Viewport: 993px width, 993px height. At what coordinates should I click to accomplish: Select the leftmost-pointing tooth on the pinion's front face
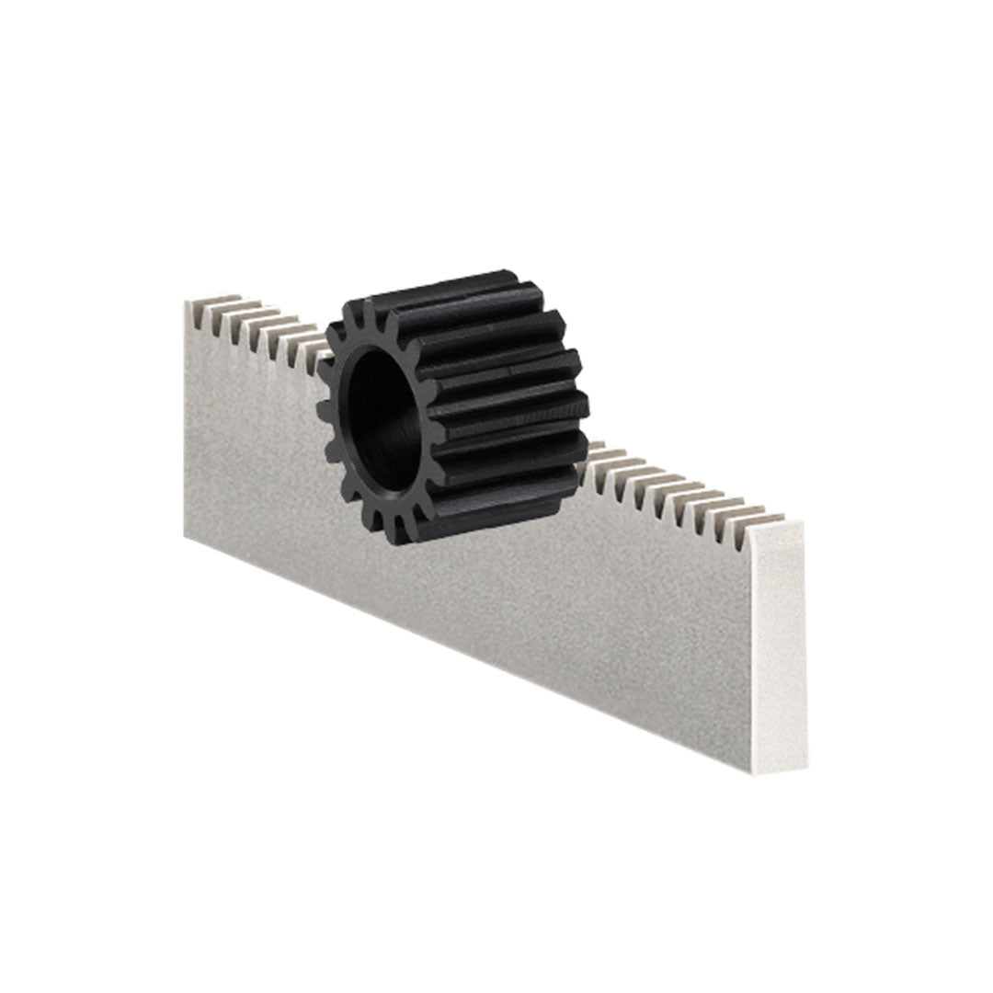(324, 406)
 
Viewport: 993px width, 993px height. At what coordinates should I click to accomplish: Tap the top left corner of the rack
(187, 303)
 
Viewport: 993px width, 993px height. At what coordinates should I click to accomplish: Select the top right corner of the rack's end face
(802, 524)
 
